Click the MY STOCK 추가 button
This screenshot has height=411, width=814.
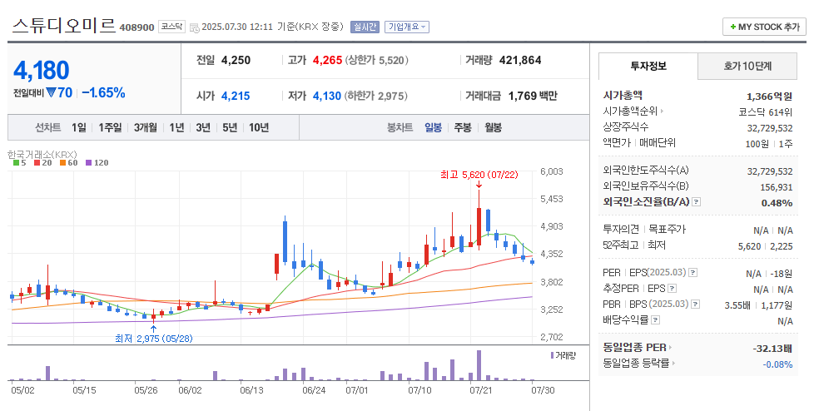pos(764,27)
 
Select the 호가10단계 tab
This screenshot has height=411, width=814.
pos(747,66)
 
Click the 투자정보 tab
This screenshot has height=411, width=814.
pos(648,66)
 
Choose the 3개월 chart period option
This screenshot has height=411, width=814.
pos(145,127)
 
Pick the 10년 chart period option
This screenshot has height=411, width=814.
pos(259,127)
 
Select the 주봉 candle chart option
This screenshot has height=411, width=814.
pos(463,127)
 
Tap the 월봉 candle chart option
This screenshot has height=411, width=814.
pos(493,127)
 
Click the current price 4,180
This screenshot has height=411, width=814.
pos(42,70)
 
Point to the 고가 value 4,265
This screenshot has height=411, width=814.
pos(327,60)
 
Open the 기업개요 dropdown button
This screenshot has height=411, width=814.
pos(407,27)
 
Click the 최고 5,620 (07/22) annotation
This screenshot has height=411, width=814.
pos(479,175)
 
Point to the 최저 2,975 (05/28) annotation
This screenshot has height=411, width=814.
pos(153,339)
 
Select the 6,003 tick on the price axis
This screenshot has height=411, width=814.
pos(552,171)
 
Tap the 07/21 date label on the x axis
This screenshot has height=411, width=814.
pos(480,389)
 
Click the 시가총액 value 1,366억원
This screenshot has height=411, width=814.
pos(770,96)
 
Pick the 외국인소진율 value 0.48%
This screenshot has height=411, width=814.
pos(777,202)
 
